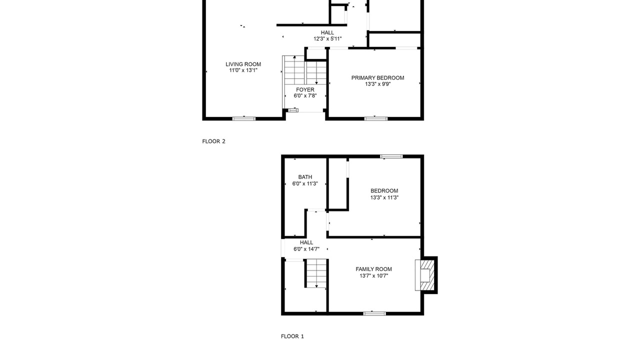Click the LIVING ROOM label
click(x=243, y=64)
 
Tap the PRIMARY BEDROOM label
click(x=377, y=77)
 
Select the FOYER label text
click(x=305, y=89)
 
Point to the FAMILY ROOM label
click(x=373, y=269)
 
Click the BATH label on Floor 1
click(x=305, y=177)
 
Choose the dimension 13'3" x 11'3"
click(x=384, y=197)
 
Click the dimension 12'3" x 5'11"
click(x=327, y=39)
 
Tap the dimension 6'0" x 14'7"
click(x=306, y=249)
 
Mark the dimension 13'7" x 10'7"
click(x=373, y=275)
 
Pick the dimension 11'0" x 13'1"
click(x=243, y=70)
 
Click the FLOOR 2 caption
click(x=213, y=141)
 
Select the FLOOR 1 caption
click(x=292, y=336)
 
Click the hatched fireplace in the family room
click(x=426, y=275)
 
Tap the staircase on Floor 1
click(x=316, y=273)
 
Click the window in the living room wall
click(x=243, y=118)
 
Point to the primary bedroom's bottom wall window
click(x=375, y=118)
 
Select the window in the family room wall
click(x=374, y=313)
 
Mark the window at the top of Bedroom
click(x=391, y=156)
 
